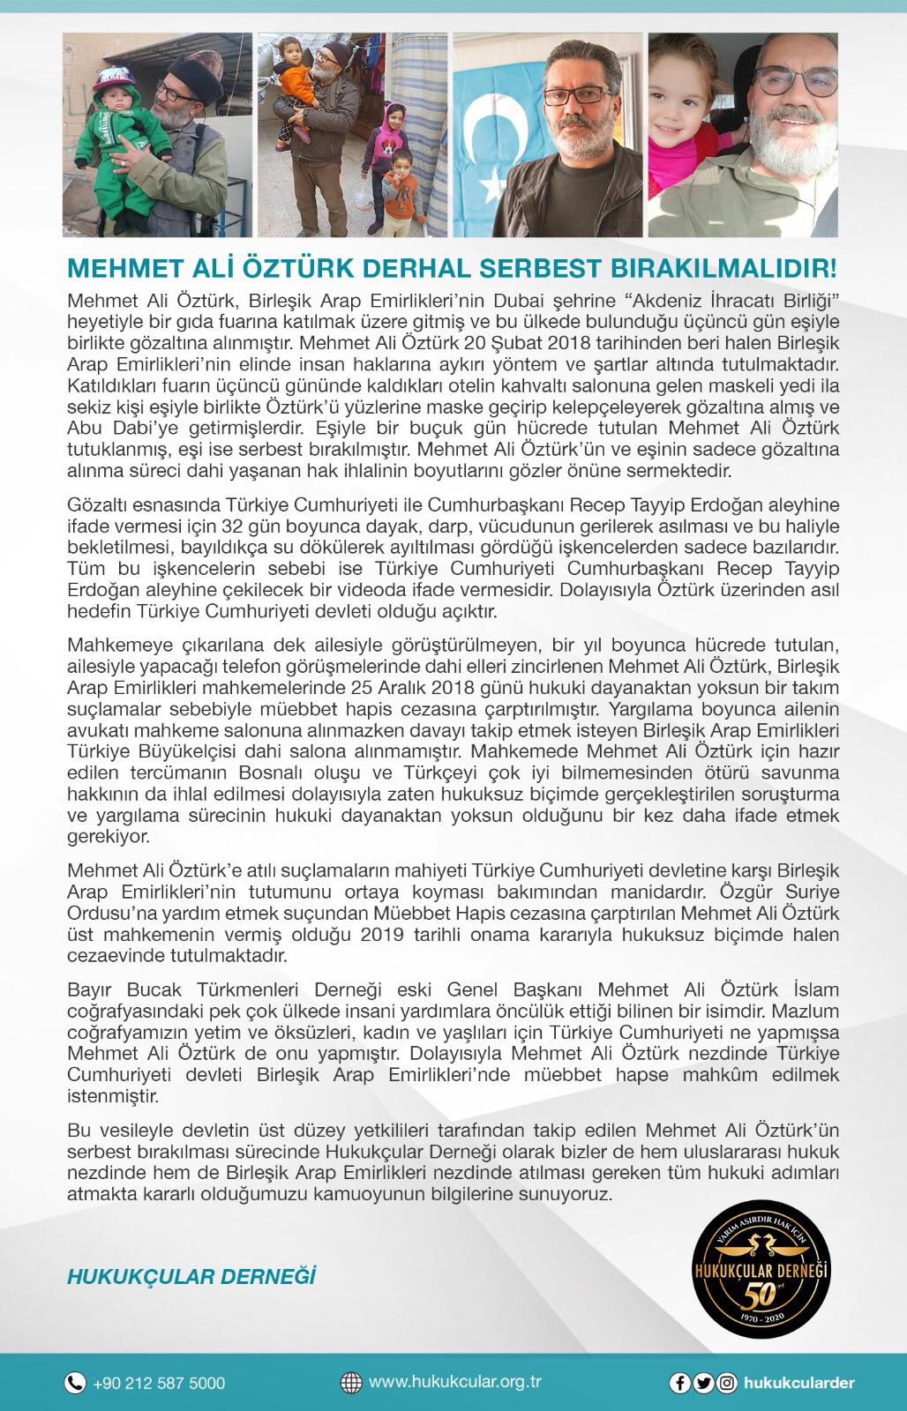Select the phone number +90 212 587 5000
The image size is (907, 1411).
[x=159, y=1384]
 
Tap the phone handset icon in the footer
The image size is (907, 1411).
[x=76, y=1384]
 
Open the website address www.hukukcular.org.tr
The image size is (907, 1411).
[x=455, y=1383]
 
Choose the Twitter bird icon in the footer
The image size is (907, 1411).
[x=704, y=1384]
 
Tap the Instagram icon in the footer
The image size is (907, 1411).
[x=727, y=1384]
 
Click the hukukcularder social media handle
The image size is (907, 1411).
[x=798, y=1384]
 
